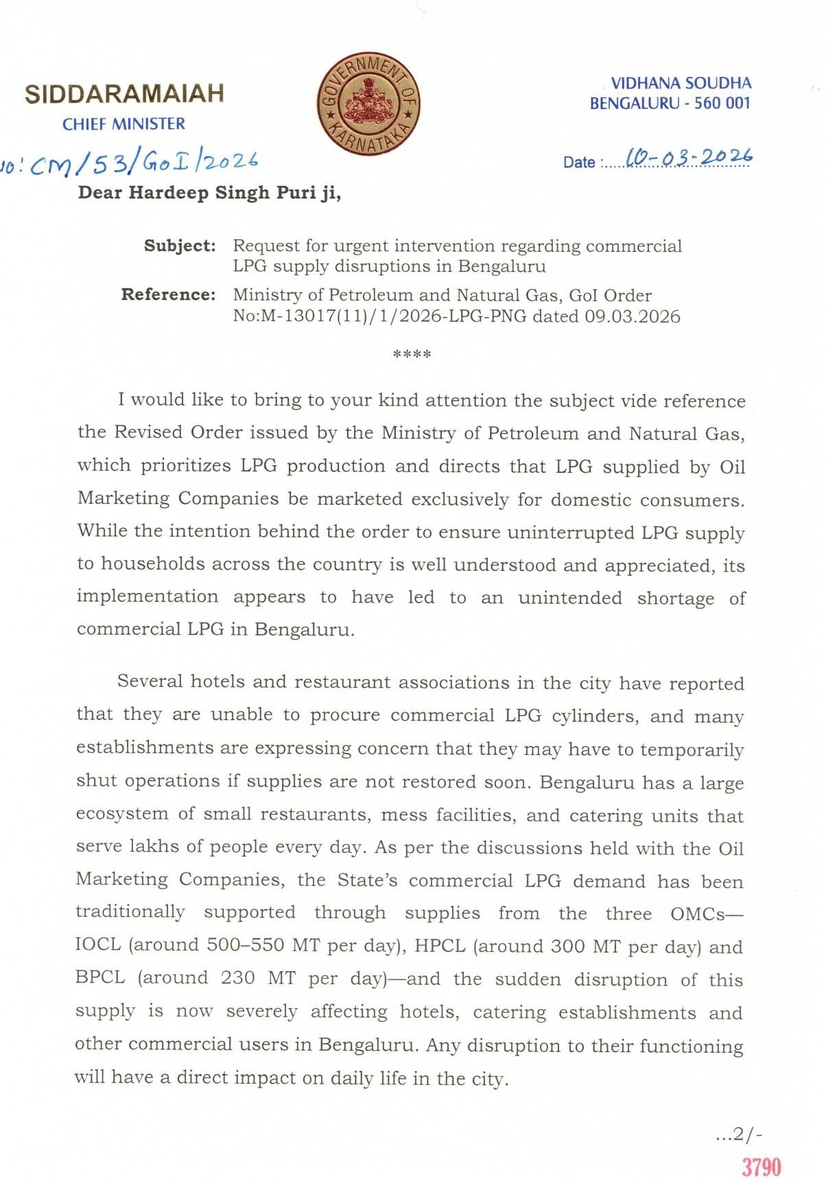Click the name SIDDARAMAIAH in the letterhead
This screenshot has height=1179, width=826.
[124, 94]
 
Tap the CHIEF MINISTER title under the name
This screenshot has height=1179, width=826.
[123, 124]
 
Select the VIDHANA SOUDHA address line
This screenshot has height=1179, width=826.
[681, 84]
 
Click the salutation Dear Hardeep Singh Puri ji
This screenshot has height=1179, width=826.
[209, 193]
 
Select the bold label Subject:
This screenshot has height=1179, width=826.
[180, 246]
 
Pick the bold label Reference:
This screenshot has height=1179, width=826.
[168, 295]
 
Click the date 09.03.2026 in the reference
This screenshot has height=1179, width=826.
[633, 316]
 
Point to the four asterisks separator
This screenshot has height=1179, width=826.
[412, 355]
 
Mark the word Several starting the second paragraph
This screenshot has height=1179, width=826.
[150, 681]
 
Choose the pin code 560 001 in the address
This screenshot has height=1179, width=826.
[723, 104]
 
